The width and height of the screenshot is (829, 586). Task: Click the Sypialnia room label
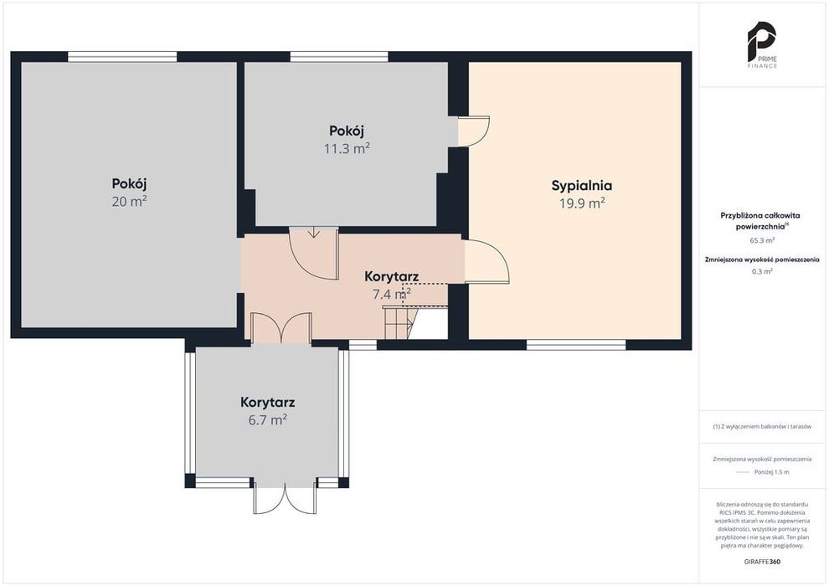(x=582, y=186)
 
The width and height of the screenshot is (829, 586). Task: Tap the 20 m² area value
(x=129, y=201)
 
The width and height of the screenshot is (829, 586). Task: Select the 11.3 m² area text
(x=347, y=148)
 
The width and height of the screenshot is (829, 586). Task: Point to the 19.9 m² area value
(x=582, y=203)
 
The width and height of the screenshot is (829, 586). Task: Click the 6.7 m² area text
(x=267, y=420)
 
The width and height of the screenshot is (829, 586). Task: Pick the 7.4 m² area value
(x=392, y=294)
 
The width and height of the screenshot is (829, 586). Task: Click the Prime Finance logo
(x=762, y=45)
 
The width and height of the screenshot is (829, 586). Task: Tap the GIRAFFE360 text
(x=762, y=562)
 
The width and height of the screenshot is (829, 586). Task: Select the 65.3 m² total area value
(x=762, y=240)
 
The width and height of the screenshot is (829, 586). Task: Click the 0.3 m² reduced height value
(x=762, y=271)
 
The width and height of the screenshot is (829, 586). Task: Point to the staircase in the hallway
(x=400, y=321)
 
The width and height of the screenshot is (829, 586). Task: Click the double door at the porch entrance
(x=285, y=496)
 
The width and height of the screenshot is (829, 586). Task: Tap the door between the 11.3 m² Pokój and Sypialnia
(x=474, y=131)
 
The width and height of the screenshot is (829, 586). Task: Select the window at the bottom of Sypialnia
(x=576, y=345)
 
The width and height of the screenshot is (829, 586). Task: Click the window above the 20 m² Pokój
(x=122, y=57)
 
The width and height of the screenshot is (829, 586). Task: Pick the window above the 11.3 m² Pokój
(x=339, y=57)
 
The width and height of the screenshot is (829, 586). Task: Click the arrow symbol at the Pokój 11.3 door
(x=314, y=233)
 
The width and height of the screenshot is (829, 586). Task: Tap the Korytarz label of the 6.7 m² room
(x=267, y=403)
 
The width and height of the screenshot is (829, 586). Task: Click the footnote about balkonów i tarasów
(x=762, y=426)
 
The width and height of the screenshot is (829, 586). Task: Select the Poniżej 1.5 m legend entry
(x=771, y=472)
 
